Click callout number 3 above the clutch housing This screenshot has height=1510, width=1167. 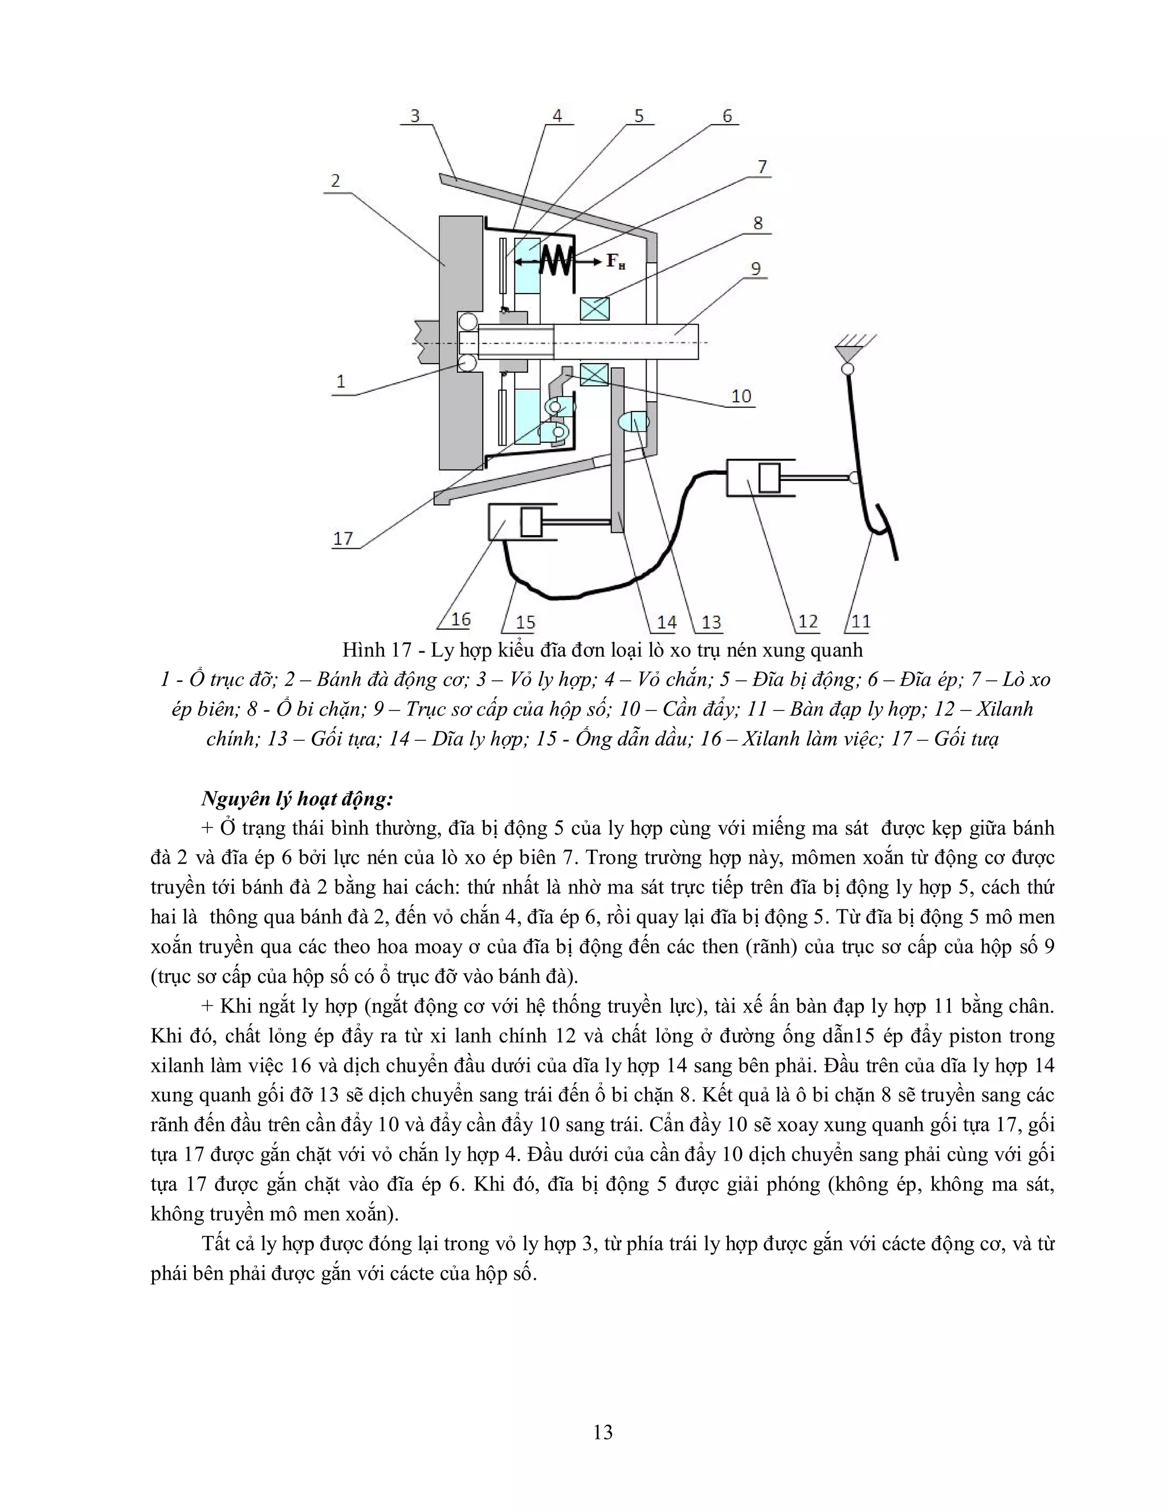click(415, 116)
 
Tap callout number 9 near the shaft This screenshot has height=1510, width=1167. click(756, 268)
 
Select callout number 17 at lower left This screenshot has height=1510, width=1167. click(343, 538)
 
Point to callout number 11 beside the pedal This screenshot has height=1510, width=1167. click(861, 622)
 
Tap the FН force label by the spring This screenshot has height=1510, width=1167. click(615, 262)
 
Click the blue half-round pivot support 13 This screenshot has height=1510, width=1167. click(635, 421)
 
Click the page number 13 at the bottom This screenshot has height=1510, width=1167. click(602, 1432)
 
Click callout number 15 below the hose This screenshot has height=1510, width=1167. click(525, 622)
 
